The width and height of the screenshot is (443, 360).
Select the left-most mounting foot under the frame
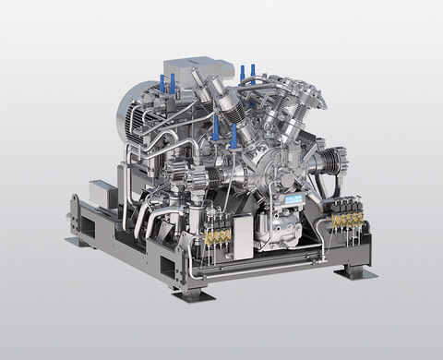pyautogui.click(x=75, y=241)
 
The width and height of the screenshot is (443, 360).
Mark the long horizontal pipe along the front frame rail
pyautogui.click(x=268, y=269)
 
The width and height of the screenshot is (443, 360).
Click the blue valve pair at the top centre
pyautogui.click(x=247, y=73)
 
